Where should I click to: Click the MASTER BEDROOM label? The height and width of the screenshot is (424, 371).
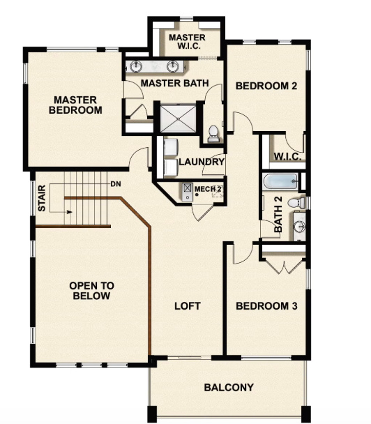tap(77, 105)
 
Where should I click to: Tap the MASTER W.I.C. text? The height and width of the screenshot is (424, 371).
tap(186, 41)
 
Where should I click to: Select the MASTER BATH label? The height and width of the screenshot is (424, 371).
tap(175, 83)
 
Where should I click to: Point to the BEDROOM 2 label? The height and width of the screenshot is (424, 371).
tap(266, 86)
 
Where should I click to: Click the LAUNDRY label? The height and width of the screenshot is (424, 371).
tap(202, 162)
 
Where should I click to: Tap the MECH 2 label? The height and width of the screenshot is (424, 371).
tap(208, 189)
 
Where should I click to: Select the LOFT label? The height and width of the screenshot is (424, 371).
tap(187, 306)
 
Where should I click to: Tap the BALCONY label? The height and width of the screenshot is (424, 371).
tap(228, 388)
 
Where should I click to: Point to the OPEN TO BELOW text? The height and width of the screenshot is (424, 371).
tap(91, 291)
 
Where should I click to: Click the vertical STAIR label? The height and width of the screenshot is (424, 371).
tap(42, 198)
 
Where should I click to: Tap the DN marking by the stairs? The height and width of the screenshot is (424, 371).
tap(116, 184)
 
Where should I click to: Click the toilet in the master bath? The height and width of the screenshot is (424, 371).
tap(213, 132)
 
